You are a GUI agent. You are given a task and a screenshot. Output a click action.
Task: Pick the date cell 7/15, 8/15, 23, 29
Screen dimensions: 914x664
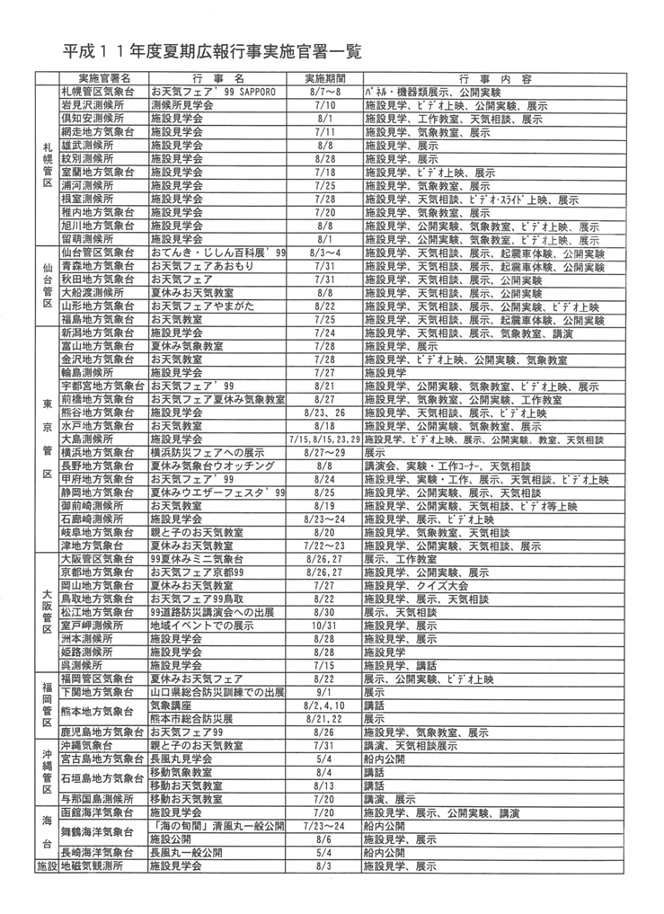(x=324, y=440)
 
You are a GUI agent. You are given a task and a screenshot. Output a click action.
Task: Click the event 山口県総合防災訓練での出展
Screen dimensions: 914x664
(x=217, y=693)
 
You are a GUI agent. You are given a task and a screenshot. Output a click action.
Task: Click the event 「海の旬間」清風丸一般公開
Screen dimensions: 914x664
(x=217, y=825)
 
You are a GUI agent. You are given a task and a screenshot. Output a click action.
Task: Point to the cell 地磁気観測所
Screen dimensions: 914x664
(x=91, y=866)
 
